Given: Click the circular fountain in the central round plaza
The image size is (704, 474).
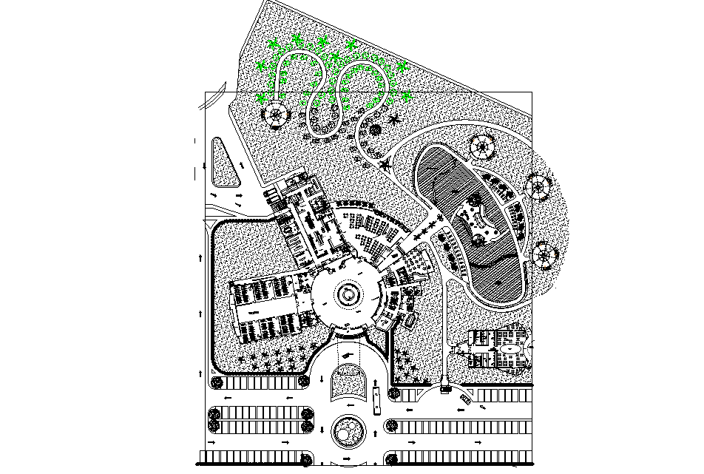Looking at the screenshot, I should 348,295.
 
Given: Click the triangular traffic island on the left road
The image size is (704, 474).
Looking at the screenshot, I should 225,163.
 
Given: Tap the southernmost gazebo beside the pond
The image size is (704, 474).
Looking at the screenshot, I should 544,255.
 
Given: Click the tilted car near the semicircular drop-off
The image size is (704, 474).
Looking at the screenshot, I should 465,398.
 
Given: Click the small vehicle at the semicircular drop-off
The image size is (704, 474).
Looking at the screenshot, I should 445,388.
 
